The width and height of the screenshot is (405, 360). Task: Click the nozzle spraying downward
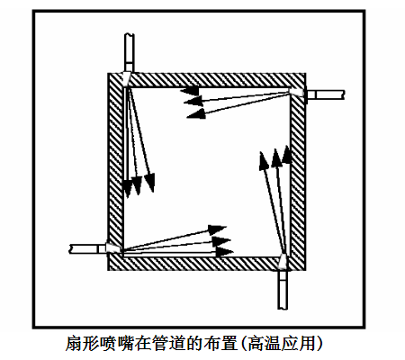(126, 79)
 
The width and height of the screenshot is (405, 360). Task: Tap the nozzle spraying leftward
(297, 92)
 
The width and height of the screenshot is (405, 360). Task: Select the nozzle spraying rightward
(114, 247)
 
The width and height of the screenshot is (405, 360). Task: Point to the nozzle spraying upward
(283, 262)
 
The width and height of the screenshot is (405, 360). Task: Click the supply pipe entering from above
(129, 53)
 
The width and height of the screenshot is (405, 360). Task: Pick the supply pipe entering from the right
(325, 94)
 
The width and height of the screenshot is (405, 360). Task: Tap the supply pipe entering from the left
(87, 249)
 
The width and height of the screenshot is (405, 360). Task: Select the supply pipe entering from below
(283, 290)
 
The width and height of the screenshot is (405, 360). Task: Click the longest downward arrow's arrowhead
(150, 182)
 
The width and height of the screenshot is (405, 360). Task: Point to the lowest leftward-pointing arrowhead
(196, 113)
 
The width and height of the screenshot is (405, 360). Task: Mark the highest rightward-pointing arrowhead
(217, 229)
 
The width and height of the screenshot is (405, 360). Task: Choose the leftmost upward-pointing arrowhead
(264, 161)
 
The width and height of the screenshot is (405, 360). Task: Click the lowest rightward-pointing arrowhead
(224, 251)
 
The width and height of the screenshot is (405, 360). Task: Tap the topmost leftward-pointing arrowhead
(190, 90)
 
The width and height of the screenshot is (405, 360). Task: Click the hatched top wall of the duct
(207, 80)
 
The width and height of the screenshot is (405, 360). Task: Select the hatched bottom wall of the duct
(207, 264)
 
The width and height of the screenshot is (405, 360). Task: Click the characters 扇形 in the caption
(83, 344)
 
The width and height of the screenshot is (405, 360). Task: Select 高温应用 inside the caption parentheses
(282, 344)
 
